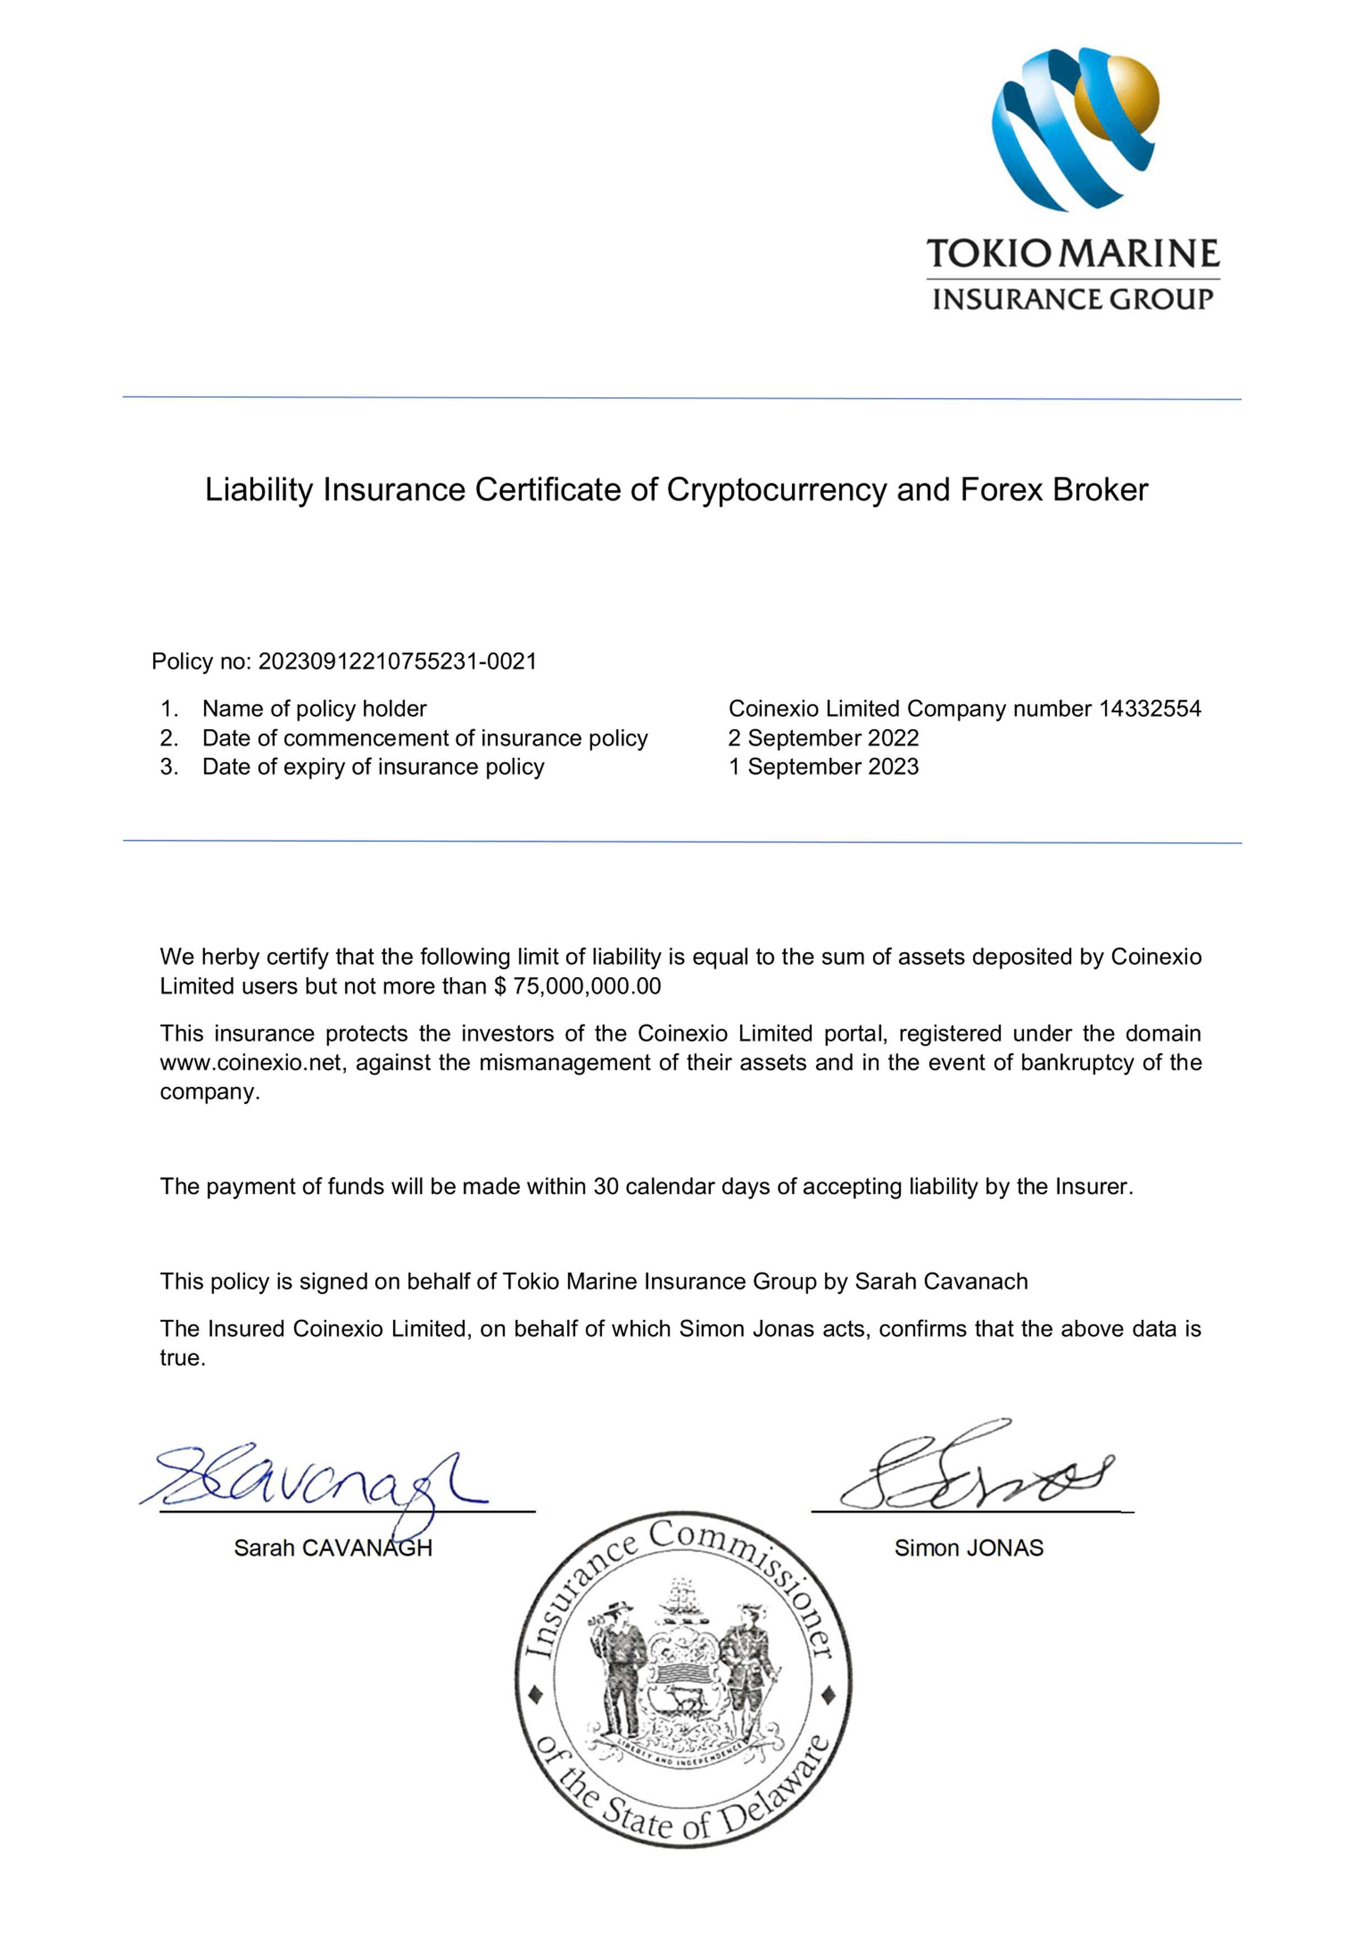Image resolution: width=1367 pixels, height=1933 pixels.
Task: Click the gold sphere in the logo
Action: [1118, 99]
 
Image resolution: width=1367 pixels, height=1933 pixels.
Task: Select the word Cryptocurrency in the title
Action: [776, 490]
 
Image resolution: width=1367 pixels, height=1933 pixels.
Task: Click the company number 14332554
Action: [1150, 709]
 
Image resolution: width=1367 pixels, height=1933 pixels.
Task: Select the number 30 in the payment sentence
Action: [606, 1186]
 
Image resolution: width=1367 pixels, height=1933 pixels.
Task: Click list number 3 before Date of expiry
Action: [169, 767]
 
